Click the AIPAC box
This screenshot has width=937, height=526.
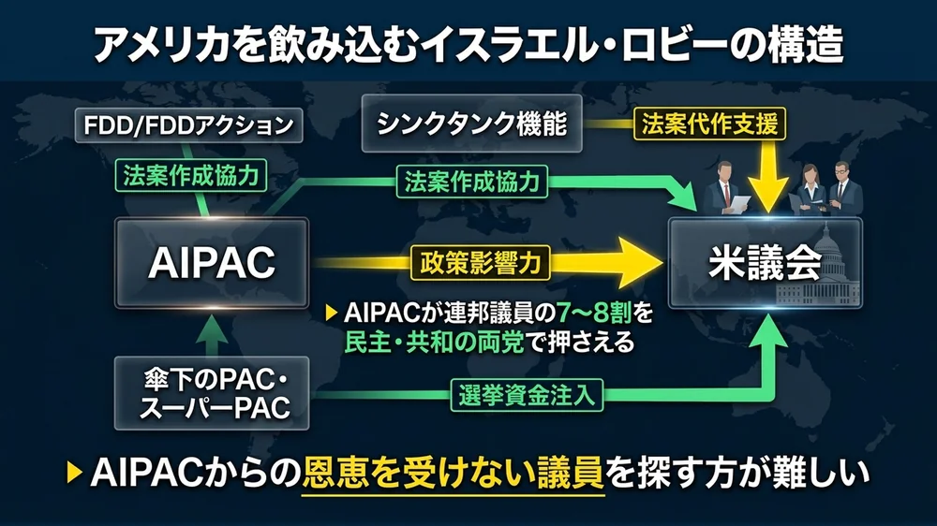212,263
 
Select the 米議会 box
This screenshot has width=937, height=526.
765,263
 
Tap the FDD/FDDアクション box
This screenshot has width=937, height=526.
189,125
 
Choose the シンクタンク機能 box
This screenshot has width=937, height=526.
471,124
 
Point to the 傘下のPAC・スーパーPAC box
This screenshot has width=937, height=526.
212,393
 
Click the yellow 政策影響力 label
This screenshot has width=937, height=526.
481,263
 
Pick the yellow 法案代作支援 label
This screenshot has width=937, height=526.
710,124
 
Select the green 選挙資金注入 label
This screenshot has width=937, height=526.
527,395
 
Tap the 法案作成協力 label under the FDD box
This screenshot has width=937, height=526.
190,176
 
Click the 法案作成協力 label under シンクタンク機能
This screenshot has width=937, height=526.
472,182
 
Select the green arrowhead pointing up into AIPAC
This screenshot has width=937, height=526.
212,328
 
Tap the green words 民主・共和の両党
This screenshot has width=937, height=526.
435,343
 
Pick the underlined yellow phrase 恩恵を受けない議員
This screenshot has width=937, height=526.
453,474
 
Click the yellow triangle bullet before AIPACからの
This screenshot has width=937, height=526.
74,473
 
